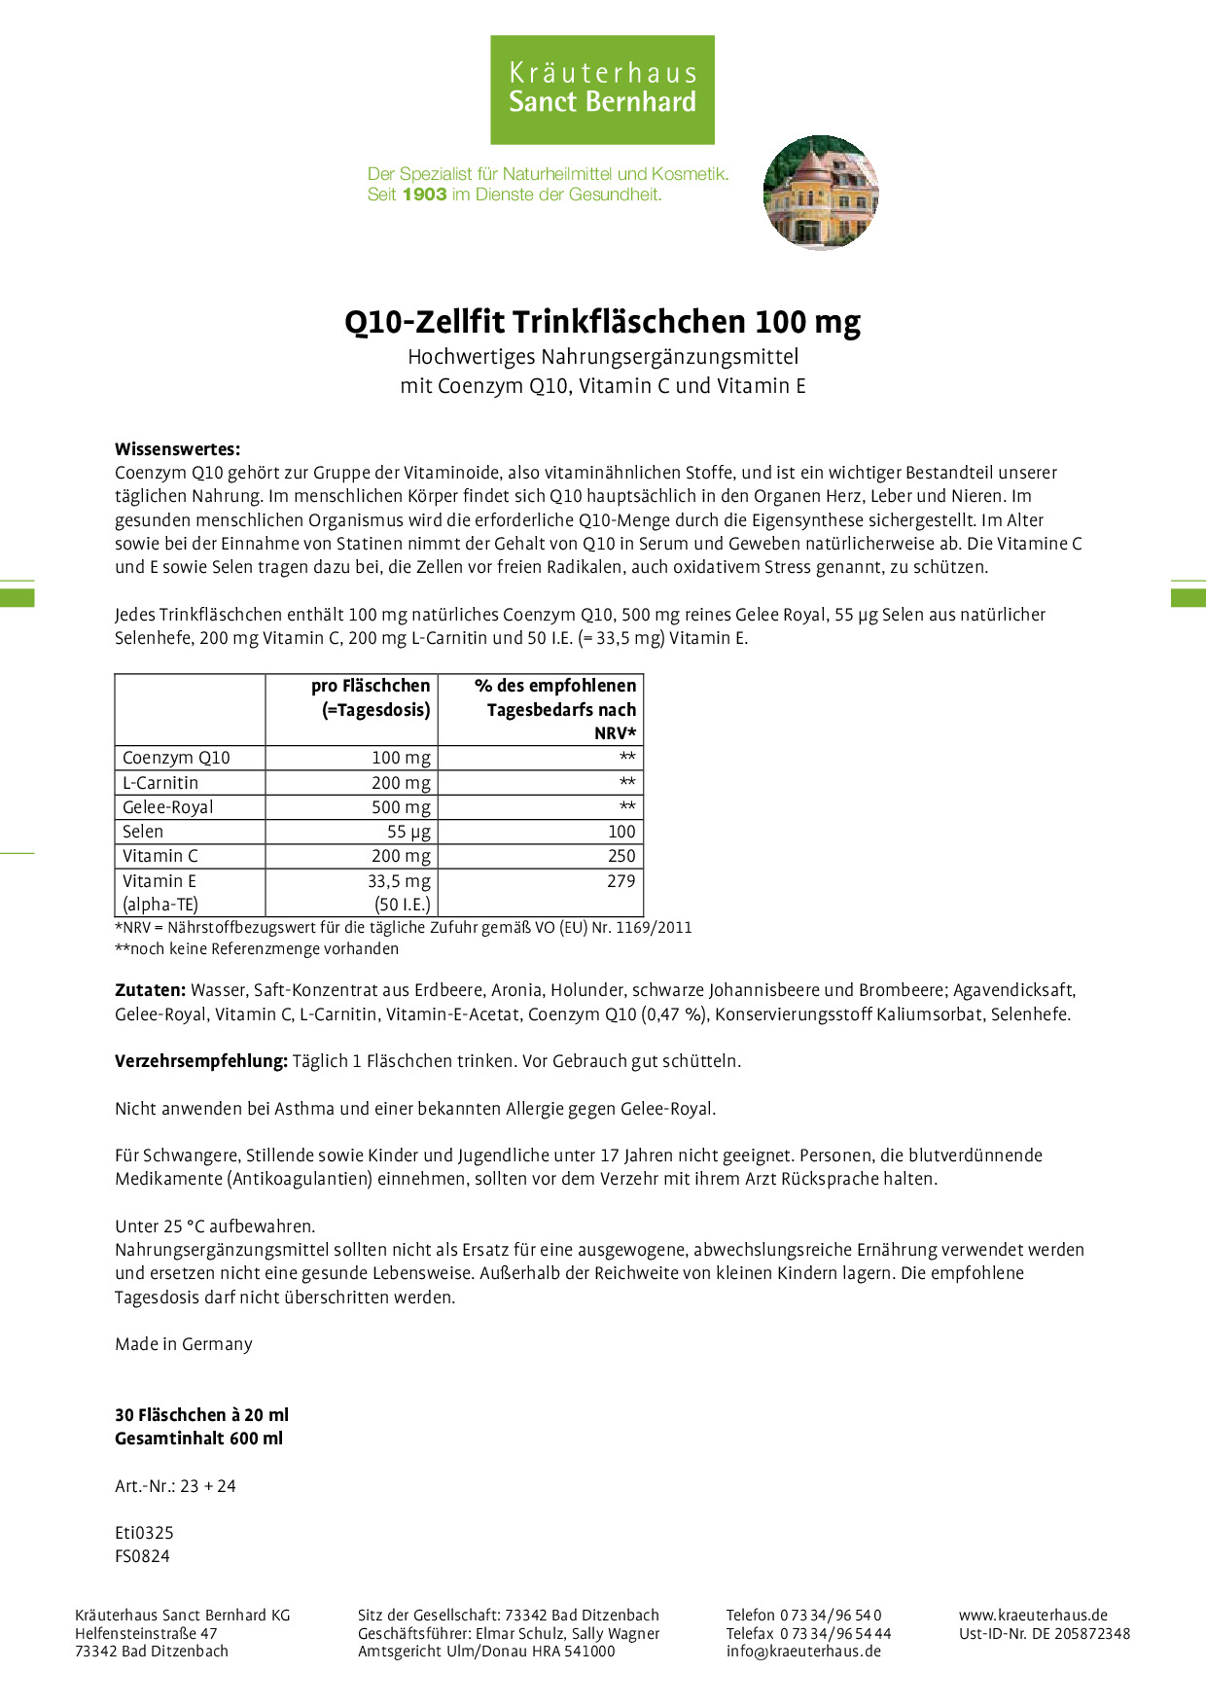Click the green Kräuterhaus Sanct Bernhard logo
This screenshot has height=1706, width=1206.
[602, 89]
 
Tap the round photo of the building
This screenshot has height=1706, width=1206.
[821, 193]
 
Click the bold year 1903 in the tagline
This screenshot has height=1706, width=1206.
[424, 195]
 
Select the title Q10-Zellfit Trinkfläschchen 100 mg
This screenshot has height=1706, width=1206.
[602, 322]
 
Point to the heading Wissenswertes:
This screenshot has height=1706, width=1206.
[177, 449]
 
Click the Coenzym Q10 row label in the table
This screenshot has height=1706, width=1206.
[176, 758]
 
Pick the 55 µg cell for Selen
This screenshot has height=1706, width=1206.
[408, 832]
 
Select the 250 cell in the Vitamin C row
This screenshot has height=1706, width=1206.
[621, 856]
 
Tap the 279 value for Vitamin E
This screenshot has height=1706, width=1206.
[621, 881]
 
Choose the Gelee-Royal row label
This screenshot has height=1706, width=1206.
[167, 807]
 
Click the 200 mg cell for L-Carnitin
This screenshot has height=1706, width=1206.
[401, 783]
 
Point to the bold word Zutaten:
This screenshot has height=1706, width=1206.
[150, 990]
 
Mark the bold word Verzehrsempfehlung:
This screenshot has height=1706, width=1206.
[200, 1061]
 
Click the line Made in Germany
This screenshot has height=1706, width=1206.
[184, 1344]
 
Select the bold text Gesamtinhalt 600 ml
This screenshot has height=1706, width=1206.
[198, 1439]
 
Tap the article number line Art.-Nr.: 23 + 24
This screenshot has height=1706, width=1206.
[175, 1486]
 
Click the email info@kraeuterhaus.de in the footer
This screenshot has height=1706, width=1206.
[803, 1651]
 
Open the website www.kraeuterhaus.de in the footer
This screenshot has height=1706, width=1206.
[1033, 1615]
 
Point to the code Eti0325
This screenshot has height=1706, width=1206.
[144, 1533]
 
